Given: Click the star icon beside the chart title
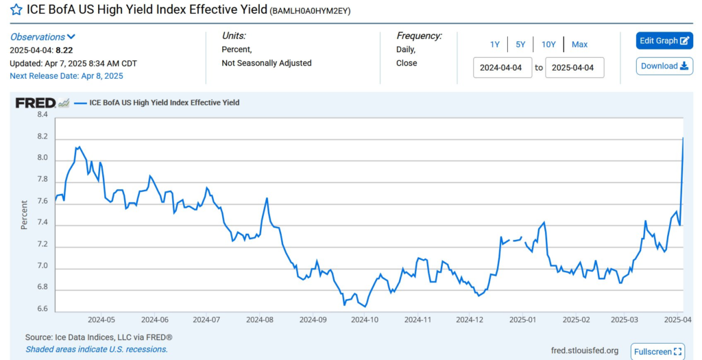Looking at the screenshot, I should pos(16,10).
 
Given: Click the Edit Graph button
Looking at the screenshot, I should pos(664,40).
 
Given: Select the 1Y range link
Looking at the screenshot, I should pos(495,45).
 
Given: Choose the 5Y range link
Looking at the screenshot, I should pos(520,45).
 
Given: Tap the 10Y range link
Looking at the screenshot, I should pos(548,45).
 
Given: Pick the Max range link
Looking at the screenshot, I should pos(579,45).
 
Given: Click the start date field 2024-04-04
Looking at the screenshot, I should pos(503,68).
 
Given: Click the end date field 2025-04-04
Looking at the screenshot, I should pos(574,68).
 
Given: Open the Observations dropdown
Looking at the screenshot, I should pos(43,37).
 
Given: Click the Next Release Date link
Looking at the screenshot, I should pos(66,75).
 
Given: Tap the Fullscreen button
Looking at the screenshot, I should pos(657,352).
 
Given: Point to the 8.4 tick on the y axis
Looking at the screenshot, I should pos(42,115).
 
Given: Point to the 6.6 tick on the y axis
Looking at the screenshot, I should pos(42,309).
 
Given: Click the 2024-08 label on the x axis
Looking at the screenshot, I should pos(260,320).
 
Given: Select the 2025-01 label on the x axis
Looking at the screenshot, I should pos(522,320).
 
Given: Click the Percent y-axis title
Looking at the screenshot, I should pos(24,214).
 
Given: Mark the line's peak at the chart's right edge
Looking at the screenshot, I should pos(683,139).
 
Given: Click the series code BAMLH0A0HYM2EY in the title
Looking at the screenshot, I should pos(311,12).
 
